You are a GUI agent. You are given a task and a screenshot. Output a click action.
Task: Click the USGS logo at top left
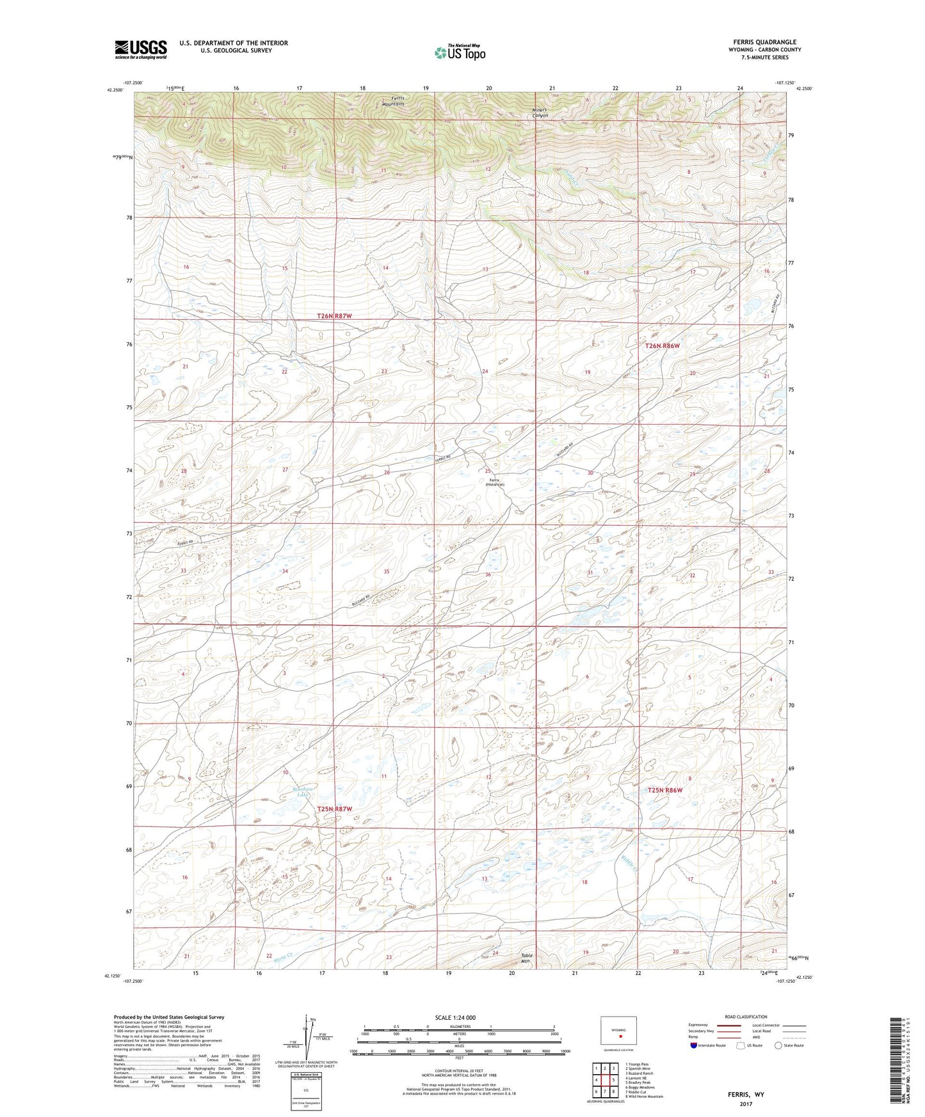(x=140, y=49)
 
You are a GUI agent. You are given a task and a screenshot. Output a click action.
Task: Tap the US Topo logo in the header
(x=460, y=52)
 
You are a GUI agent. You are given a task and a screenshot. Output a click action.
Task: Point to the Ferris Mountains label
(x=393, y=101)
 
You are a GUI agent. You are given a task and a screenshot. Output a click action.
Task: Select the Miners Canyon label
(x=540, y=113)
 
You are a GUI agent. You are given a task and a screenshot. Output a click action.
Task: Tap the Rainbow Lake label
(x=291, y=791)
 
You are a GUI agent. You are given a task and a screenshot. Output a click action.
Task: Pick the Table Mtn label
(x=526, y=958)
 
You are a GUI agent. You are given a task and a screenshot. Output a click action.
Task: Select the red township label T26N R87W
(x=335, y=316)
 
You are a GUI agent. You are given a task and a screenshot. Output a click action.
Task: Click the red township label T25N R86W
(x=665, y=790)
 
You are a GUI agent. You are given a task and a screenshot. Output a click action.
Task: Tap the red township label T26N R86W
(x=662, y=345)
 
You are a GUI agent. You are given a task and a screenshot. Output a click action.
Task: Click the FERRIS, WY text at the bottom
(x=745, y=1094)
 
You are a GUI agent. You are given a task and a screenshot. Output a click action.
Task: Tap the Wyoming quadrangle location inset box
(x=618, y=1032)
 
